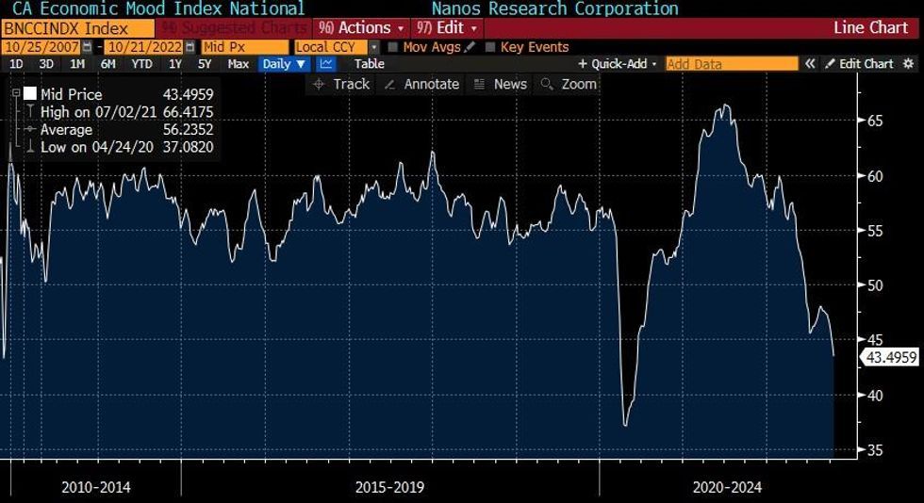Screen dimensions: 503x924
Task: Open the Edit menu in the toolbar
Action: coord(448,28)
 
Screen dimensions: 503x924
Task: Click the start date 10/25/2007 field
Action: coord(41,47)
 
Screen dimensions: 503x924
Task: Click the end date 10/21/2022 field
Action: coord(144,47)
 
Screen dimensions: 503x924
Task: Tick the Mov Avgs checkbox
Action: coord(392,47)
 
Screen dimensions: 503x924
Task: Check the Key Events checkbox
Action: coord(490,47)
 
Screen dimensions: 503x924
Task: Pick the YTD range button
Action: coord(141,64)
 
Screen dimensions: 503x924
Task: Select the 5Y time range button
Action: coord(205,64)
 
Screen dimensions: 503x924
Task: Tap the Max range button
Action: coord(239,64)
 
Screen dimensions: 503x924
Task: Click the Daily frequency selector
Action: coord(284,64)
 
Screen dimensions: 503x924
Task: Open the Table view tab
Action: coord(369,64)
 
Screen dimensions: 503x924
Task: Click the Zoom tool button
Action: coord(569,84)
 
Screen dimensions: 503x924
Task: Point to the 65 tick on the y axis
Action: coord(875,121)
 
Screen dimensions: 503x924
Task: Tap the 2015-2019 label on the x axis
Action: coord(389,487)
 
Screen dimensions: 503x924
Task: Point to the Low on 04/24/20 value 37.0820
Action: coord(187,147)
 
